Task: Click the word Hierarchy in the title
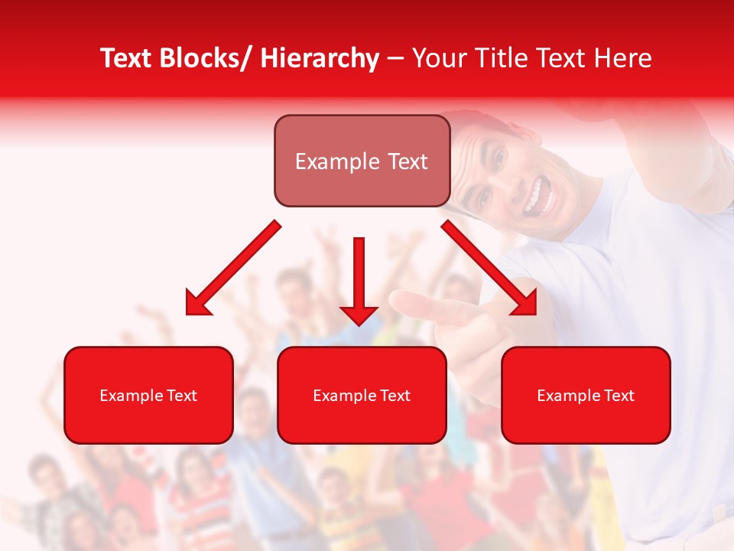(320, 58)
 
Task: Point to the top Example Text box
(362, 161)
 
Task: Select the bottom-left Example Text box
(148, 395)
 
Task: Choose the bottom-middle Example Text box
(362, 395)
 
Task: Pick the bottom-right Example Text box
(586, 395)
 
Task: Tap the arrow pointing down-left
(233, 268)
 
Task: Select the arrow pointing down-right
(489, 268)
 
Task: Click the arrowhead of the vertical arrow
(359, 314)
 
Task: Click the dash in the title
(395, 58)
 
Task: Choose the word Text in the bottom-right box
(619, 396)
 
